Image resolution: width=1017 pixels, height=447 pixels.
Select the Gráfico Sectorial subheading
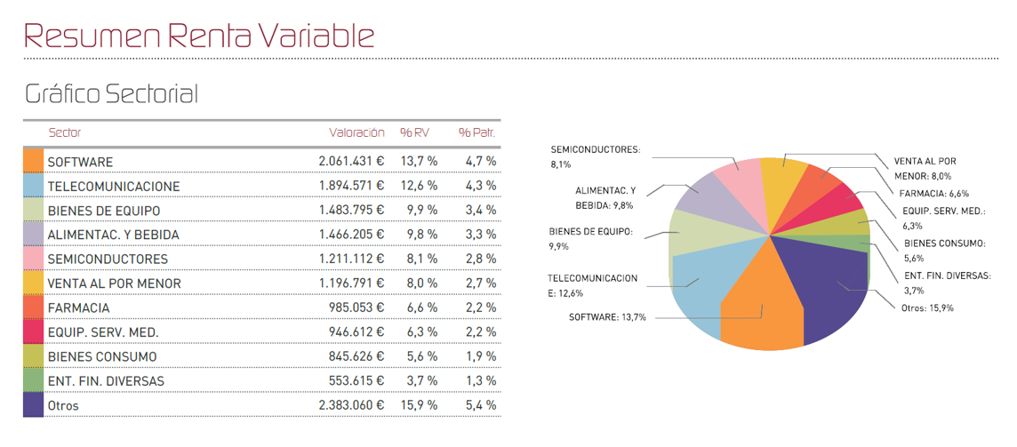pos(111,94)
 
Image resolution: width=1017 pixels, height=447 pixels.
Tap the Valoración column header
pos(356,132)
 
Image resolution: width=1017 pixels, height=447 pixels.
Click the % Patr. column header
pos(476,132)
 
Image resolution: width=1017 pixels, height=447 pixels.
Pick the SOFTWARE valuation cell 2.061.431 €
pos(351,162)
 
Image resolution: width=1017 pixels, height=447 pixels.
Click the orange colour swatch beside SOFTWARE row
pos(33,161)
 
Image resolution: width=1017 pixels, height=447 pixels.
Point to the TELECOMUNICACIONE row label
pos(113,187)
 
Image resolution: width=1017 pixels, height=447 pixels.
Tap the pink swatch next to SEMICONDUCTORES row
pos(33,259)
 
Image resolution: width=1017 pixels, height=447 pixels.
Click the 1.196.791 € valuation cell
pos(351,283)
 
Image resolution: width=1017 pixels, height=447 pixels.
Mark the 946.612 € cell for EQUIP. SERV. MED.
pos(356,332)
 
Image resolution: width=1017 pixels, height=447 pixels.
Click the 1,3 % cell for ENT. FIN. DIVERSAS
pos(481,381)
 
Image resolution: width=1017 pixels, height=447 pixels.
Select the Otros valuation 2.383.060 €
pos(351,405)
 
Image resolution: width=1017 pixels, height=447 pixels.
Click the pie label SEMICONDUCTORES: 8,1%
pos(595,156)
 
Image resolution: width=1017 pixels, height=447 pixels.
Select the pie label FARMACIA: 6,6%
pos(933,193)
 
